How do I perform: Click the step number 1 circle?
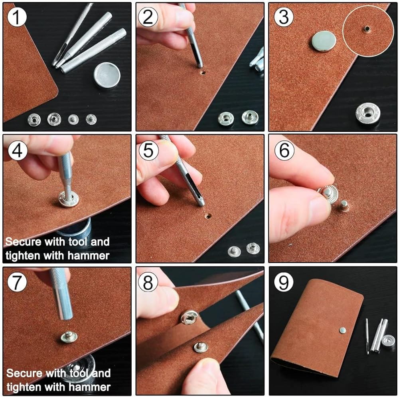(x=17, y=17)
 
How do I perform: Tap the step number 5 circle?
(x=148, y=150)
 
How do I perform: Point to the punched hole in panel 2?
(x=203, y=73)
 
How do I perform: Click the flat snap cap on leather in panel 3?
(x=324, y=41)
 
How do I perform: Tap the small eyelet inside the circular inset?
(x=367, y=28)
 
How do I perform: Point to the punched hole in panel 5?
(x=208, y=216)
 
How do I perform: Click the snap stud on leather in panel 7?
(x=69, y=337)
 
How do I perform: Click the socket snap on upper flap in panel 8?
(x=189, y=317)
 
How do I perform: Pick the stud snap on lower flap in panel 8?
(x=201, y=348)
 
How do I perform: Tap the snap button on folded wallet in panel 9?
(x=342, y=331)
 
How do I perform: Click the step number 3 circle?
(x=283, y=17)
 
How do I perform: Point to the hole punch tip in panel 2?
(x=200, y=66)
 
